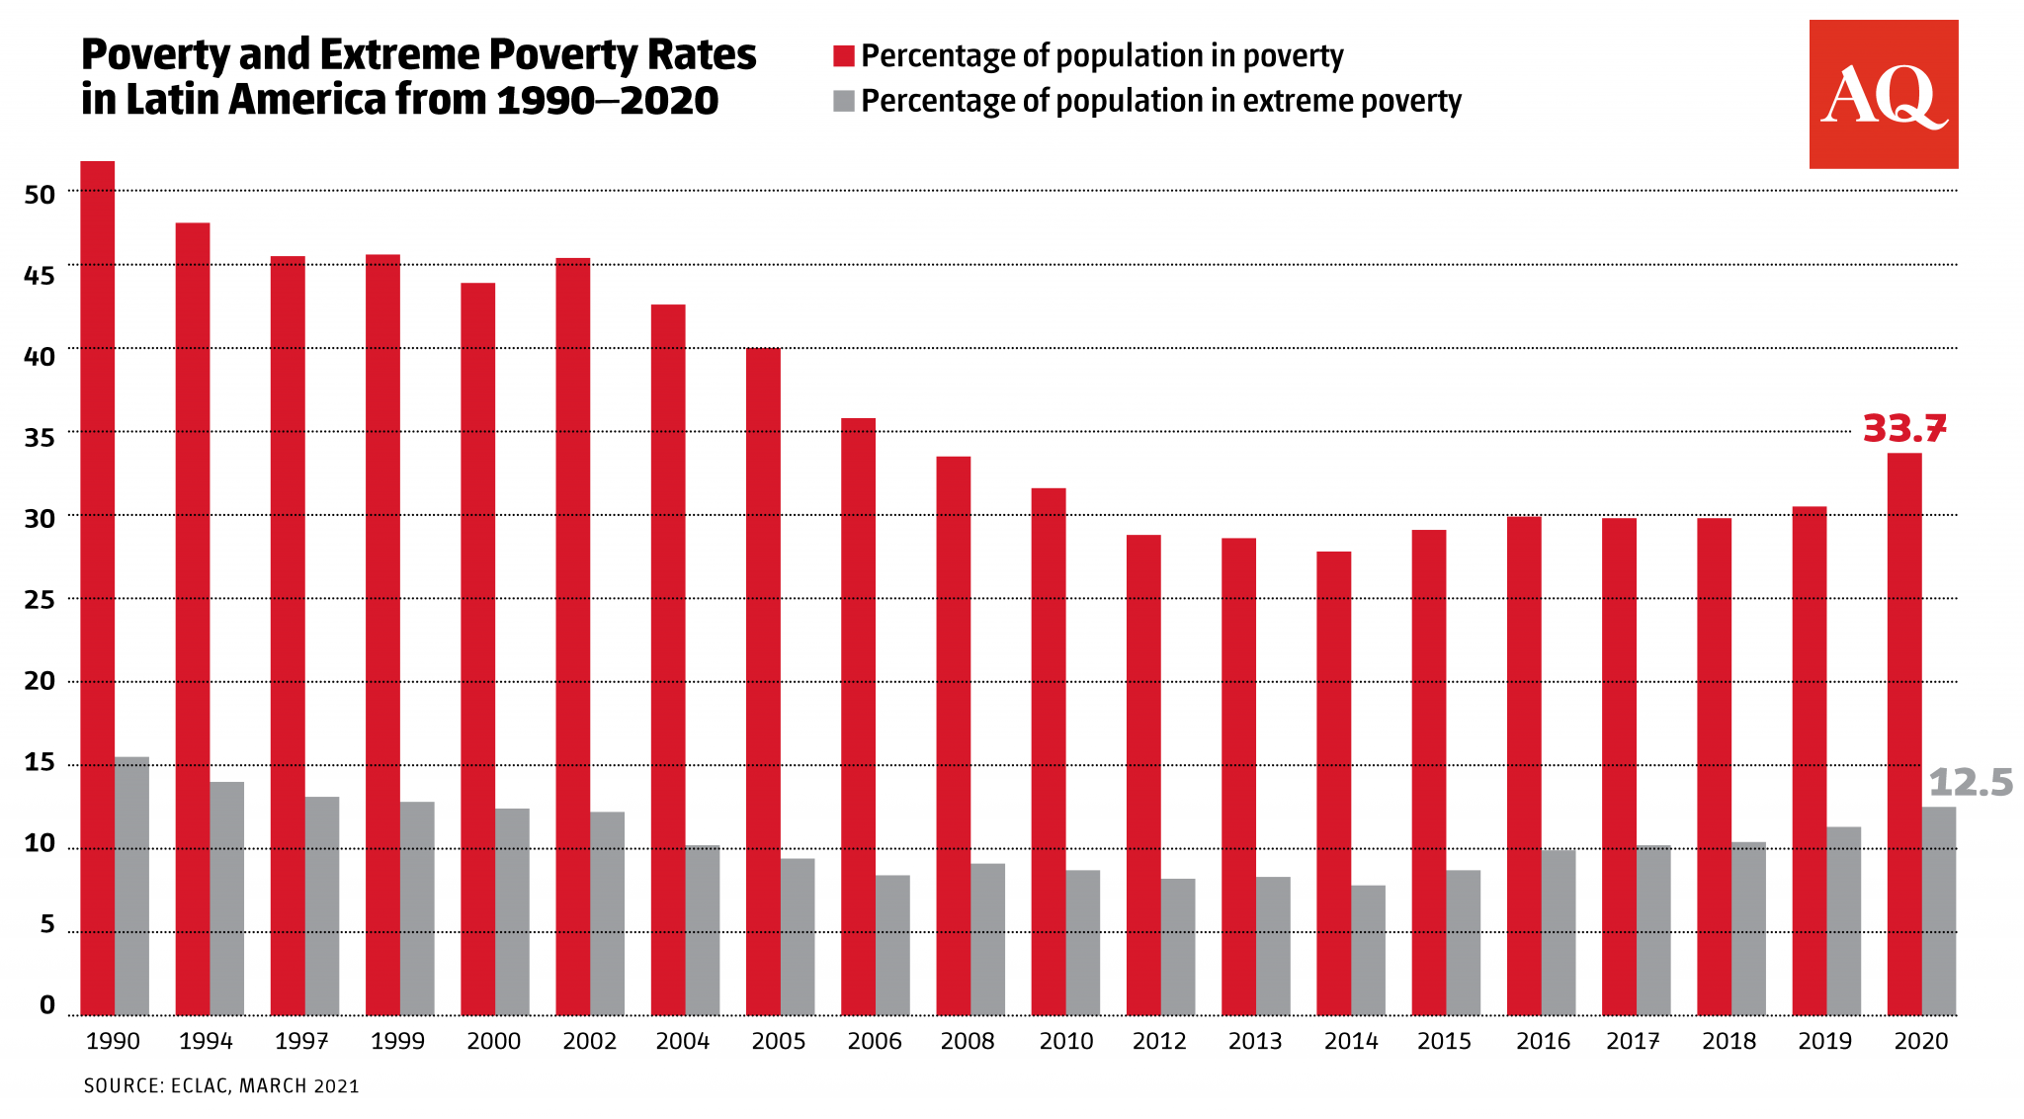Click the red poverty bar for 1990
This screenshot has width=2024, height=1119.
pos(97,588)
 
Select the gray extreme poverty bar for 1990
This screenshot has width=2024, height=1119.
pos(131,886)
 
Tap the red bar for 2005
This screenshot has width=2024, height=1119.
pos(763,682)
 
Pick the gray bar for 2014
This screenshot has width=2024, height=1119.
pos(1368,950)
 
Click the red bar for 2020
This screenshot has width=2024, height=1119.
pos(1904,733)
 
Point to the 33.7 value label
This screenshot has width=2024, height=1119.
pos(1903,429)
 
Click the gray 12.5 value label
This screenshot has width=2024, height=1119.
pos(1970,783)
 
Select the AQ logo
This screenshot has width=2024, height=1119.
pos(1883,95)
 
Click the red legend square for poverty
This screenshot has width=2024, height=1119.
pos(843,56)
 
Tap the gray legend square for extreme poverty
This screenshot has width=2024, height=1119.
pos(843,101)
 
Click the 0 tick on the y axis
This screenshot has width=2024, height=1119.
pos(46,1005)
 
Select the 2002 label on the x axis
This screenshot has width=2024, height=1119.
pos(589,1041)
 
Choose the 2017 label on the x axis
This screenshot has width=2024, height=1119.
pos(1633,1041)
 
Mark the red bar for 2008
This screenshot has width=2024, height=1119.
pos(953,735)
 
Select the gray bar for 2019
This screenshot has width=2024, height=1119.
pos(1843,920)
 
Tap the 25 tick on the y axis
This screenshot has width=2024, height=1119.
pos(40,600)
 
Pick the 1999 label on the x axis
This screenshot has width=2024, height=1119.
pos(397,1041)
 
